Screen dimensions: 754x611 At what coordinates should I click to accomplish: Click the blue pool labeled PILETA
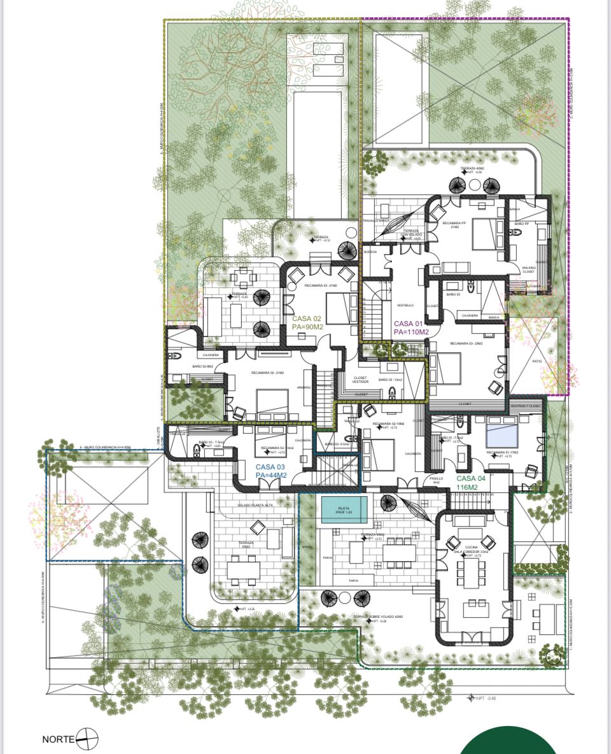(x=344, y=510)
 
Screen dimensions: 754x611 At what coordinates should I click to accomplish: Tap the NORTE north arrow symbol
(x=88, y=739)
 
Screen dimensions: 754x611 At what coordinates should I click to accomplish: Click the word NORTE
(x=58, y=739)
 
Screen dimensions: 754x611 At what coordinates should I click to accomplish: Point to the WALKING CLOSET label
(x=529, y=270)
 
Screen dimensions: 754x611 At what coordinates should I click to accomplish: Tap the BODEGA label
(x=370, y=252)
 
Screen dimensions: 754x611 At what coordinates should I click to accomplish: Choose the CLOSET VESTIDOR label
(x=360, y=379)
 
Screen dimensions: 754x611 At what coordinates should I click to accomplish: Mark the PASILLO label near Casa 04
(x=435, y=480)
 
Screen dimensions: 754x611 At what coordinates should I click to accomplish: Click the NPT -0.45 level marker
(x=482, y=699)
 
